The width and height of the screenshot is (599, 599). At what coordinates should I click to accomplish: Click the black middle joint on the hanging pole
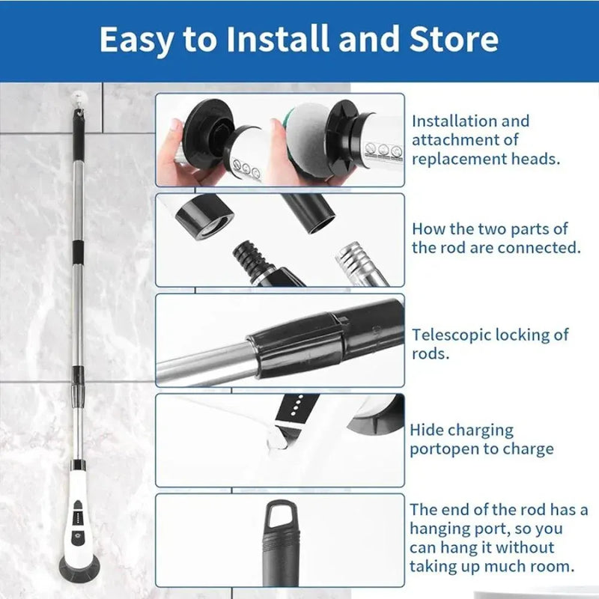click(x=76, y=247)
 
